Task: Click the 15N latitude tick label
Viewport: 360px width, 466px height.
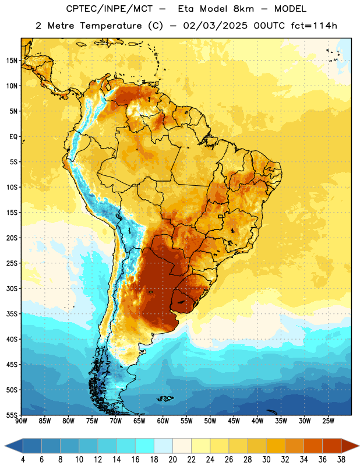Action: click(12, 61)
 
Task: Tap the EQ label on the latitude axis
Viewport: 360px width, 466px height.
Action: click(13, 137)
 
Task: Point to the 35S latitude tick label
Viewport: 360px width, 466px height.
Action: click(12, 314)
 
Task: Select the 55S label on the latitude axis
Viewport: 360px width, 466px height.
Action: click(12, 415)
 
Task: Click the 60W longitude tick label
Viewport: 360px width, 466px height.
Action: click(163, 421)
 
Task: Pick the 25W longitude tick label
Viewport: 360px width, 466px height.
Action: click(328, 421)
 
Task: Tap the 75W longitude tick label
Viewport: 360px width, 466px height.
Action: click(92, 421)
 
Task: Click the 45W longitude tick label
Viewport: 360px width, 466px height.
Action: click(234, 421)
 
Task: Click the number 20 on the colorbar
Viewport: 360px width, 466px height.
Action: click(172, 460)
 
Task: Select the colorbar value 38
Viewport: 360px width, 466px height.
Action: click(341, 460)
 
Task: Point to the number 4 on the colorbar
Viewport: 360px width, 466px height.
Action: click(23, 460)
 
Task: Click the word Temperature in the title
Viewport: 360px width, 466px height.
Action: click(111, 26)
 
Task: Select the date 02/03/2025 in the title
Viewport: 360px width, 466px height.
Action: click(215, 26)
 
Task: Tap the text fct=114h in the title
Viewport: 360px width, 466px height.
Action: click(314, 26)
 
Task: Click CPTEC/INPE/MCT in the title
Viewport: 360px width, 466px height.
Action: click(110, 9)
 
